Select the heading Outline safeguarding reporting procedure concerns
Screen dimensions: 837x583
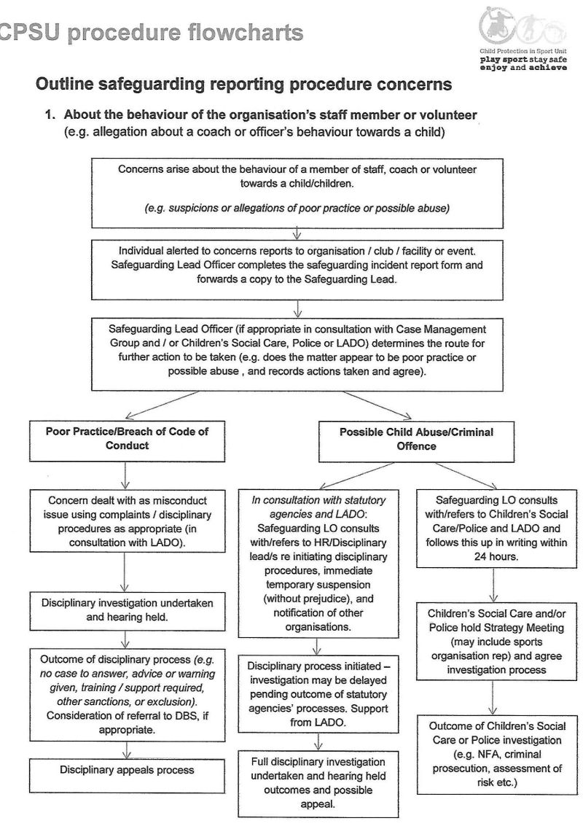click(x=243, y=85)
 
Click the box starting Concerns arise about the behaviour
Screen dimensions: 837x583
click(x=297, y=188)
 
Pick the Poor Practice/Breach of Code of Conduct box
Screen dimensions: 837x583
click(x=127, y=437)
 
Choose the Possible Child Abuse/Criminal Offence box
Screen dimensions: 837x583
click(x=416, y=438)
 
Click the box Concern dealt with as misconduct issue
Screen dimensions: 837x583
click(x=126, y=521)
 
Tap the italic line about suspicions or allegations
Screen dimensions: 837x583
click(x=297, y=209)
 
